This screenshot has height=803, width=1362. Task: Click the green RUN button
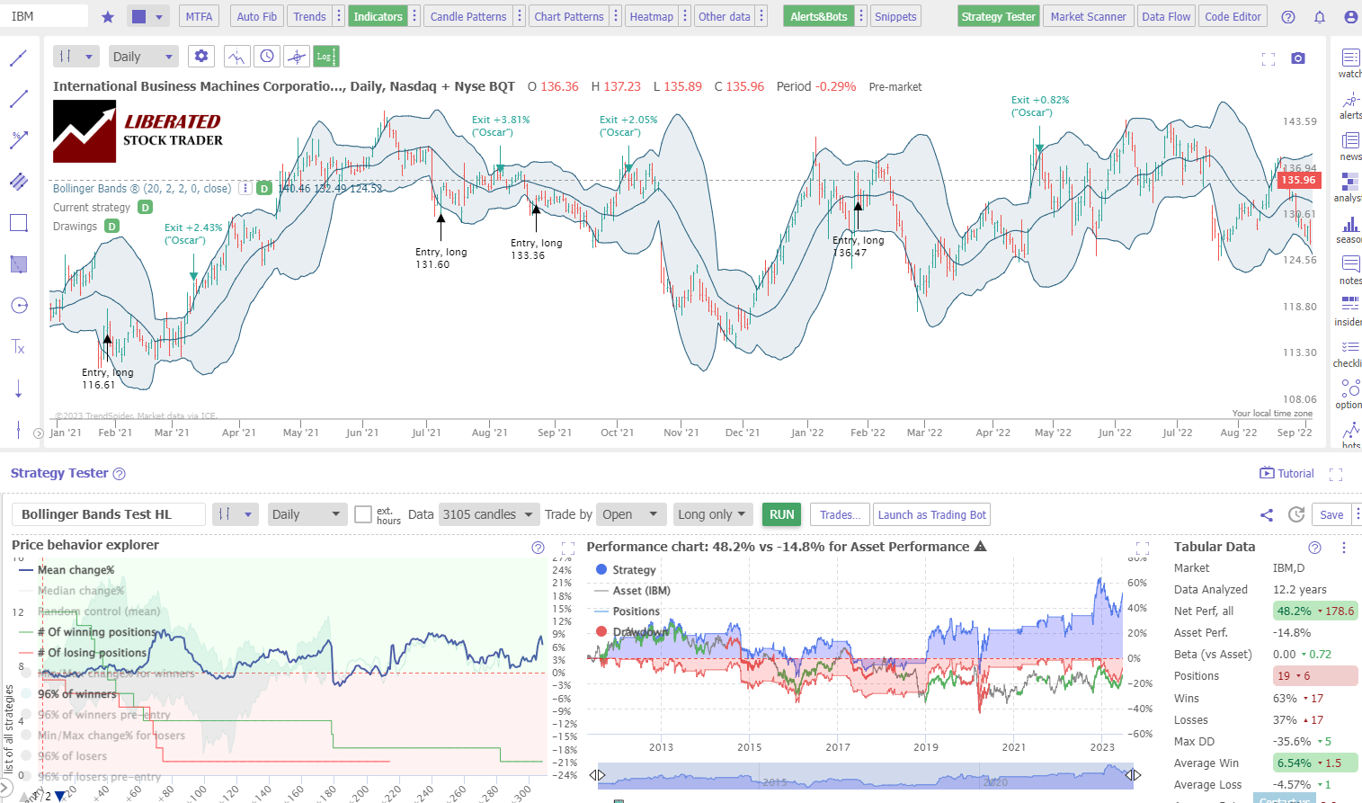click(x=781, y=514)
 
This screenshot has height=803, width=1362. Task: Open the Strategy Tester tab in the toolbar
click(x=998, y=16)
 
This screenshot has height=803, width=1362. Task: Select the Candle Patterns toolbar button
click(x=467, y=16)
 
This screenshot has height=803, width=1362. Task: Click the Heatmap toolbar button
click(x=651, y=16)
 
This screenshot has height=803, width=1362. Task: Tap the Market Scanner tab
click(x=1088, y=16)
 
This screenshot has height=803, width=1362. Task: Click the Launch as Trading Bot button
click(x=931, y=514)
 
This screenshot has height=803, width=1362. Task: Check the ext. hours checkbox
click(x=363, y=514)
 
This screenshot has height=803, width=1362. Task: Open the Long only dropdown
click(x=711, y=514)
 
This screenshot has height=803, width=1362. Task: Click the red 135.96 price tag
click(x=1297, y=180)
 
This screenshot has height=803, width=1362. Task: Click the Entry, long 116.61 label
click(x=107, y=379)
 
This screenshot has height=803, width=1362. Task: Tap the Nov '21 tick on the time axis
click(x=681, y=433)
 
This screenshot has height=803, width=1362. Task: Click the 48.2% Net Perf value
click(x=1294, y=611)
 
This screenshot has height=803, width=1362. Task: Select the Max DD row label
click(x=1194, y=741)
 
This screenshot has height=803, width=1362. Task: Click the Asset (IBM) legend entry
click(x=641, y=591)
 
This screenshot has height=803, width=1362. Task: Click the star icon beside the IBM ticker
click(x=108, y=16)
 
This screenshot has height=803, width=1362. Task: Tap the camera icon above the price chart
click(x=1297, y=58)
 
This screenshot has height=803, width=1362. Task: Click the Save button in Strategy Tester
click(x=1331, y=514)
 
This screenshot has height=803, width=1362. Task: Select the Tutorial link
click(x=1287, y=473)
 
